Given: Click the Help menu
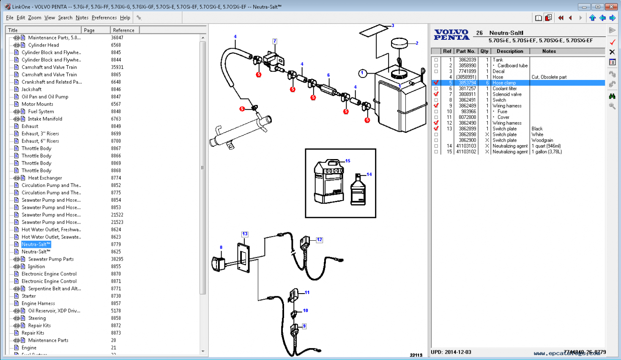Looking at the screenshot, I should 125,18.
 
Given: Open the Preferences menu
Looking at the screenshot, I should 104,18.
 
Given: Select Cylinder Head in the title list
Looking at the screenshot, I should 43,45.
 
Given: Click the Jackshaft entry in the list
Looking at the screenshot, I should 31,89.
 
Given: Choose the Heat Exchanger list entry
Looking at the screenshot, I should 45,178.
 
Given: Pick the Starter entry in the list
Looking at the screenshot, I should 29,296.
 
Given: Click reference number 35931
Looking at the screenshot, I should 117,67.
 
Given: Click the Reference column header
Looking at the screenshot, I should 124,30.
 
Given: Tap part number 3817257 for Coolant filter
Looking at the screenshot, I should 467,89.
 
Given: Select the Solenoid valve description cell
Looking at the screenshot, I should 507,94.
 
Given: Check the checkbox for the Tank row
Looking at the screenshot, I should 436,60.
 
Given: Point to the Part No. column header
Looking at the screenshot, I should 465,51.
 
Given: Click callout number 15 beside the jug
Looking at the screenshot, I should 347,161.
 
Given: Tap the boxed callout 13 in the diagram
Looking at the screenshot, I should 244,234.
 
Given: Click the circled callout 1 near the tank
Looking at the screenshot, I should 362,73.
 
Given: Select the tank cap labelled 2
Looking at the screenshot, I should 399,43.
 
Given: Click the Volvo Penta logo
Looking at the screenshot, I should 451,35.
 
